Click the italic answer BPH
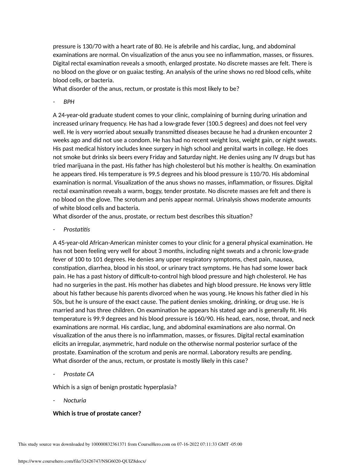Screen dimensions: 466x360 tap(69, 102)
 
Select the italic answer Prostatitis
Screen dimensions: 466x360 tap(77, 230)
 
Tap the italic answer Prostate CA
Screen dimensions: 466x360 tap(79, 374)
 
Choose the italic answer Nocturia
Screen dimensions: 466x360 tap(75, 401)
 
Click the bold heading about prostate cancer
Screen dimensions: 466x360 tap(97, 414)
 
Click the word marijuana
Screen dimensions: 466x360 tap(83, 166)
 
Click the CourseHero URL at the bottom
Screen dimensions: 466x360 tap(82, 461)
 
